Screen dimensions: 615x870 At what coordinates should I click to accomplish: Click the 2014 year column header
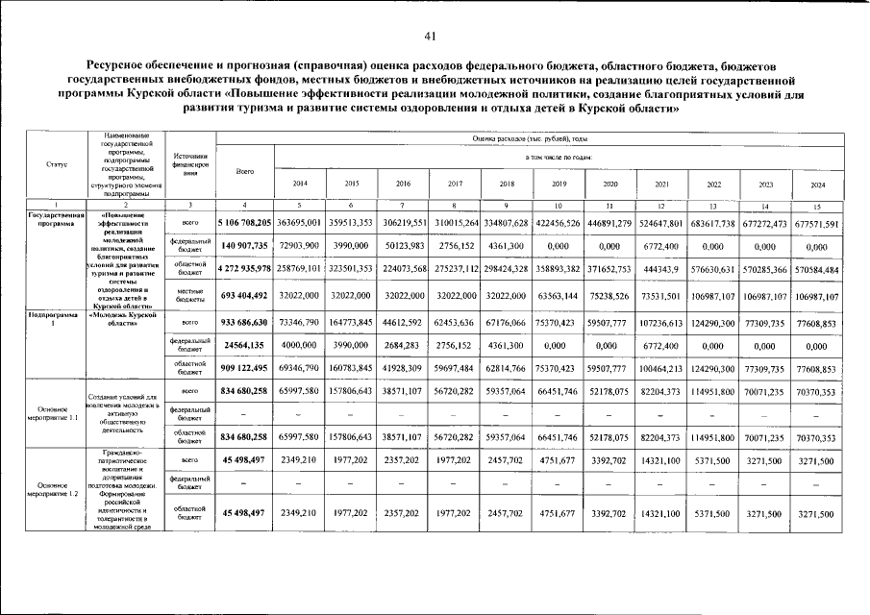point(300,183)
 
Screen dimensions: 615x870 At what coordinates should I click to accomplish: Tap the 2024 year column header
point(818,183)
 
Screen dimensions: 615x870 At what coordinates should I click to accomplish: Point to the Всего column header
point(245,171)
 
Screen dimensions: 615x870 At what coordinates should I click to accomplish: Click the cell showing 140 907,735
point(245,246)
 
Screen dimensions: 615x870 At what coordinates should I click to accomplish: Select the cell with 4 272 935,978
point(245,270)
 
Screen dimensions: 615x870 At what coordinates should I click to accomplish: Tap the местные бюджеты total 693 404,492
point(245,295)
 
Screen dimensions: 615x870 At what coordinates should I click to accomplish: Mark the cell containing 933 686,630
point(245,322)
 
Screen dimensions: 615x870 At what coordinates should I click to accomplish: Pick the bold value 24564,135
point(245,345)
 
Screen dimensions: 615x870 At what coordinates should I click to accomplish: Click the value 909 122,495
point(245,369)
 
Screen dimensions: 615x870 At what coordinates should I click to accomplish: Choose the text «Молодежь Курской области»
point(123,319)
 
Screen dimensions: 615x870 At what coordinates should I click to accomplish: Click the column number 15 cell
point(818,206)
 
